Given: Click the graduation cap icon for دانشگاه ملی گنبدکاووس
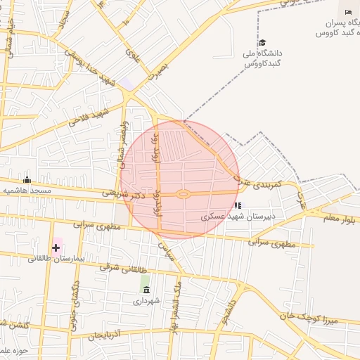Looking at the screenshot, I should pos(262,43).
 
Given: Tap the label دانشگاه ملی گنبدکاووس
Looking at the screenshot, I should pos(262,58).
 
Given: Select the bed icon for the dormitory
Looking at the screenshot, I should pos(349,12).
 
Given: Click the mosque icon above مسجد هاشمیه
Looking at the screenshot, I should pos(27,180).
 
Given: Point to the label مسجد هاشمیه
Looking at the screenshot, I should pos(25,191).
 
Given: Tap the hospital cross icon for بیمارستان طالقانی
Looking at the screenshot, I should pos(56,247).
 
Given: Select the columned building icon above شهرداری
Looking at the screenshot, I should pos(145,289).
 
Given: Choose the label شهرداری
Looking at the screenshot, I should pos(146,300).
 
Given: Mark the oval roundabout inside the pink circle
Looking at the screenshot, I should pos(184,194).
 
